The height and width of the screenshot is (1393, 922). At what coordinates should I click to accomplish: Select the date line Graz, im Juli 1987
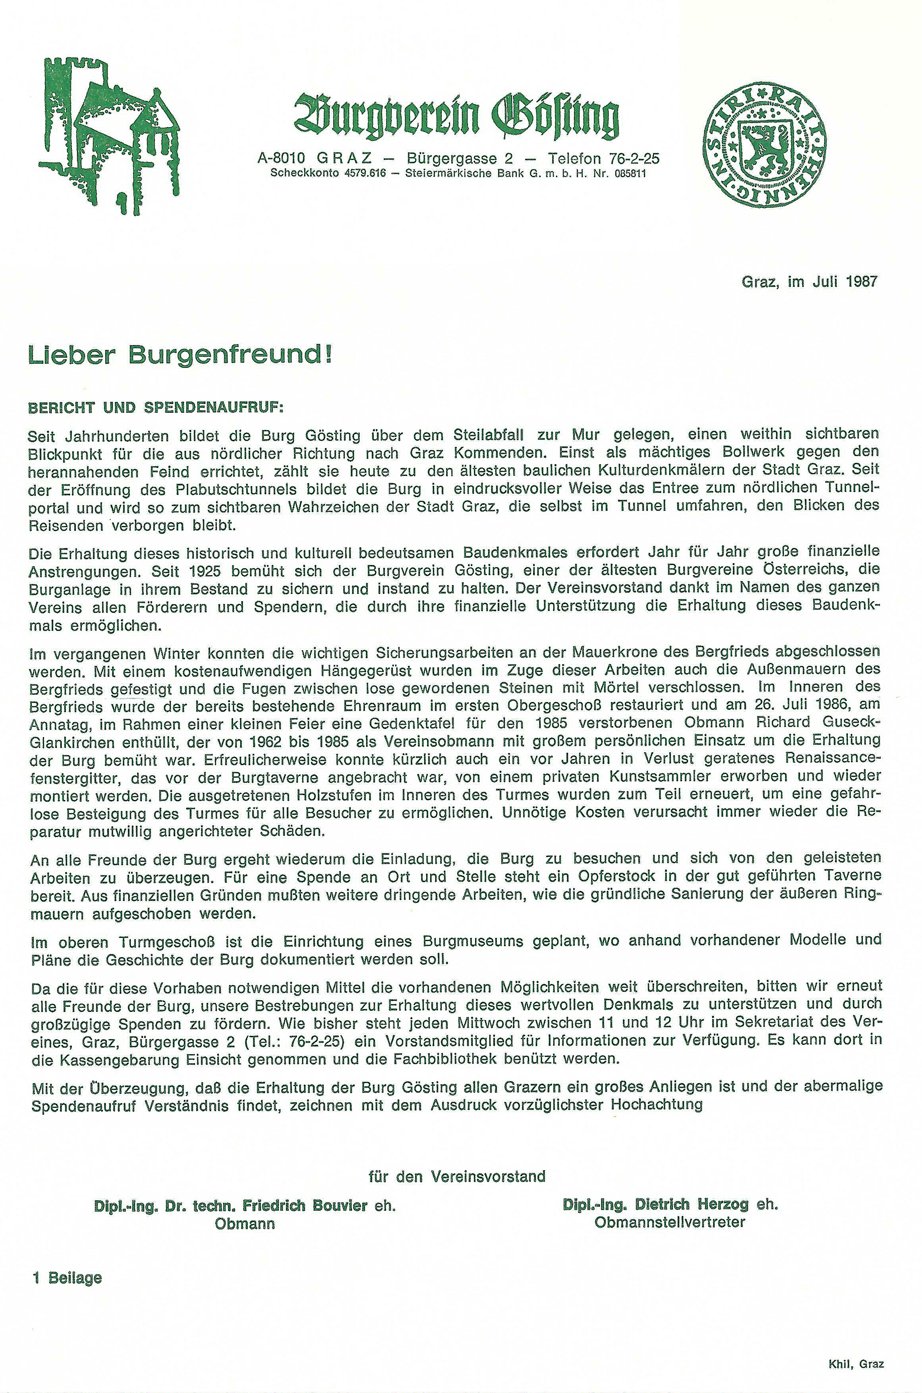(x=809, y=281)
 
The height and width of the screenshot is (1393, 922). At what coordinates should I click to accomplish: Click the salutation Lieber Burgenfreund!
(x=180, y=355)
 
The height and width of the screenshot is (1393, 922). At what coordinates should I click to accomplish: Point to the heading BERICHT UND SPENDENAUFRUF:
(x=157, y=407)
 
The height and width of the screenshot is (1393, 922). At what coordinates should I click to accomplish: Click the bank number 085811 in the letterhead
(x=630, y=174)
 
